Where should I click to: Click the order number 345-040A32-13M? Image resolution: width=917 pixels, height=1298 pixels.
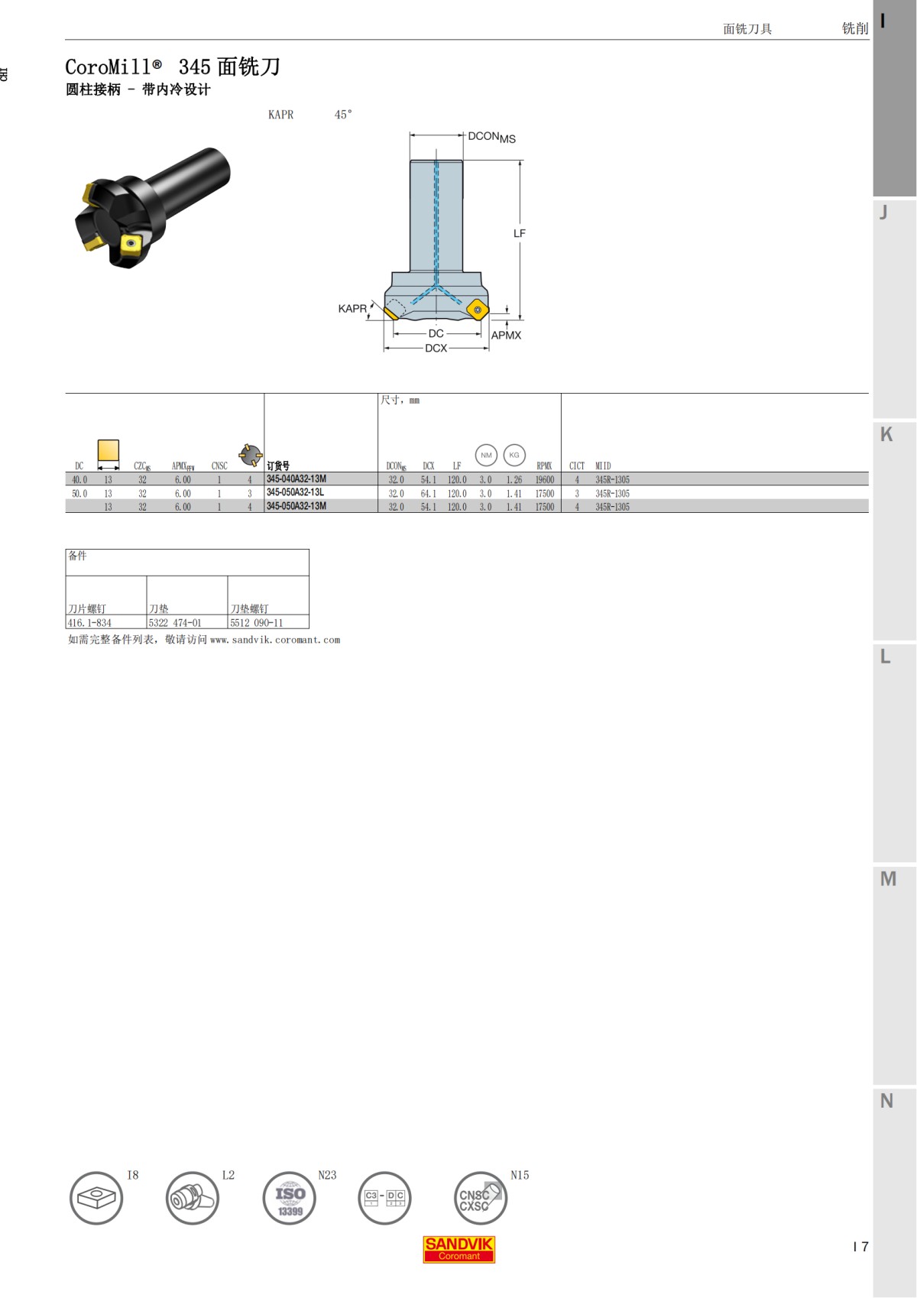pyautogui.click(x=296, y=479)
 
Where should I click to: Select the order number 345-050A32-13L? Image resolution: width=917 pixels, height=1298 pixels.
pyautogui.click(x=295, y=493)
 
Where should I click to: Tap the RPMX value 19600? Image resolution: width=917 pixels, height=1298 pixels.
pyautogui.click(x=544, y=480)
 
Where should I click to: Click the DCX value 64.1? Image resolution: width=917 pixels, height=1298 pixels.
pyautogui.click(x=428, y=494)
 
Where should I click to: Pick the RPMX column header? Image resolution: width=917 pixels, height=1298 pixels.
pyautogui.click(x=544, y=466)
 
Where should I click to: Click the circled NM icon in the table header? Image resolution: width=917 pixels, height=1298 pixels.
pyautogui.click(x=486, y=455)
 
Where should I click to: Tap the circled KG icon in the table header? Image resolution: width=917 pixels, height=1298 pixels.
pyautogui.click(x=514, y=455)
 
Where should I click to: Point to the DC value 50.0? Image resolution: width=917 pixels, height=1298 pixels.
pyautogui.click(x=79, y=494)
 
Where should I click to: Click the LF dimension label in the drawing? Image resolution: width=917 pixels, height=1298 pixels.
pyautogui.click(x=520, y=233)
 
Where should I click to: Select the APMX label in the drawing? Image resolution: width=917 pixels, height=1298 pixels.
pyautogui.click(x=506, y=336)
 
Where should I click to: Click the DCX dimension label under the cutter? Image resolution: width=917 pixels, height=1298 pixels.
pyautogui.click(x=436, y=348)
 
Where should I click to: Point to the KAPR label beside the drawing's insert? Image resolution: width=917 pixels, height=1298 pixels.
pyautogui.click(x=352, y=309)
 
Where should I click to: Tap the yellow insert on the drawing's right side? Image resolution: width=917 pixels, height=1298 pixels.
pyautogui.click(x=478, y=309)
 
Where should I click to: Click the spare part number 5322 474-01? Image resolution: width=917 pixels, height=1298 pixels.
pyautogui.click(x=175, y=623)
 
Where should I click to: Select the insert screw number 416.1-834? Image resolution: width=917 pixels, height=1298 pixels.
pyautogui.click(x=89, y=623)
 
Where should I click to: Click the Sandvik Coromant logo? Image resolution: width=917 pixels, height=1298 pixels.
pyautogui.click(x=458, y=1249)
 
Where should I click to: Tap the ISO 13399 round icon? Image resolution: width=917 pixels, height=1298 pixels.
pyautogui.click(x=290, y=1198)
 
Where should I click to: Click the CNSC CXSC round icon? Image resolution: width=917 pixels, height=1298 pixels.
pyautogui.click(x=479, y=1198)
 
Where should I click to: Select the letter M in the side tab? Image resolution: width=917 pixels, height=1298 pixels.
pyautogui.click(x=888, y=879)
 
